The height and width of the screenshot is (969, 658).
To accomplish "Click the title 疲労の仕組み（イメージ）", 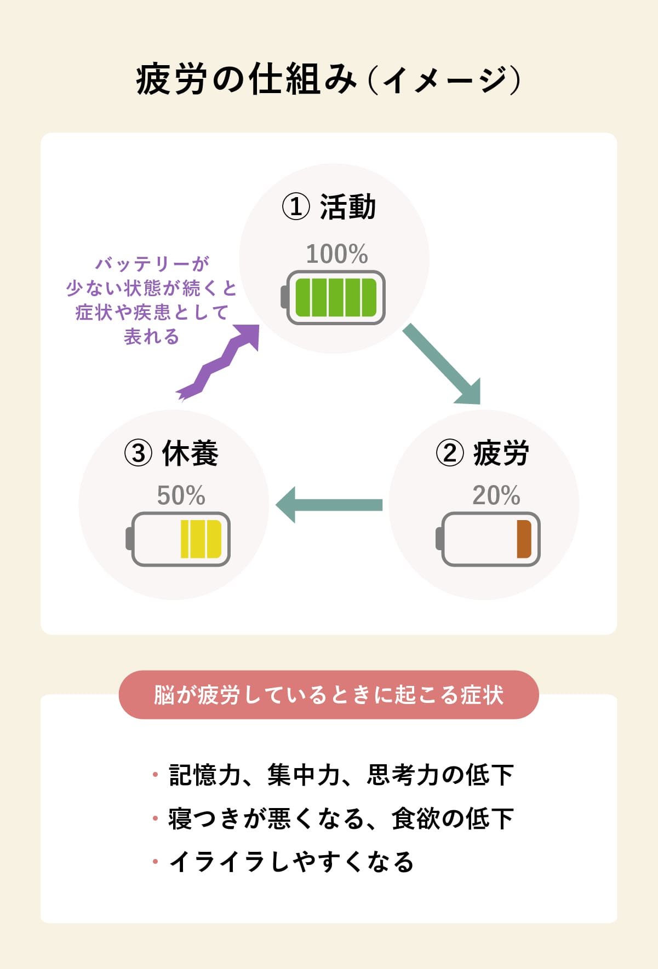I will [328, 80].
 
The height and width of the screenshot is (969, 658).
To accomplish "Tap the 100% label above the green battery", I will [336, 255].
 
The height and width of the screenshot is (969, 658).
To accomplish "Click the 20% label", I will [496, 496].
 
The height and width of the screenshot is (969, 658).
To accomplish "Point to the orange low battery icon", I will [490, 539].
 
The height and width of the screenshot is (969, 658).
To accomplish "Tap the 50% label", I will [181, 496].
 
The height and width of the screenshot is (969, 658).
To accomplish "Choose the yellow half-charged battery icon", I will [180, 539].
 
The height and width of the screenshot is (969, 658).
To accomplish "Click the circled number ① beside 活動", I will [296, 207].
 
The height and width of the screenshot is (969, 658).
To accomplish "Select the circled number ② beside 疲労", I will [450, 453].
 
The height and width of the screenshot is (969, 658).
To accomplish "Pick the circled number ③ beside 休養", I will [138, 453].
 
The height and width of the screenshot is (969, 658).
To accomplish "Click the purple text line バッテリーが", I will [152, 264].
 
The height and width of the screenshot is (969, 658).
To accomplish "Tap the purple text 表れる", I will [152, 336].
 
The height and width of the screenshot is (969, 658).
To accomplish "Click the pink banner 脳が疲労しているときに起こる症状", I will [329, 695].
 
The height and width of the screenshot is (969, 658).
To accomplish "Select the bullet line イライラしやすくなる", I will [291, 862].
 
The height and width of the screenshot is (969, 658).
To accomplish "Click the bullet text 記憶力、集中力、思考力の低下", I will [341, 775].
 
